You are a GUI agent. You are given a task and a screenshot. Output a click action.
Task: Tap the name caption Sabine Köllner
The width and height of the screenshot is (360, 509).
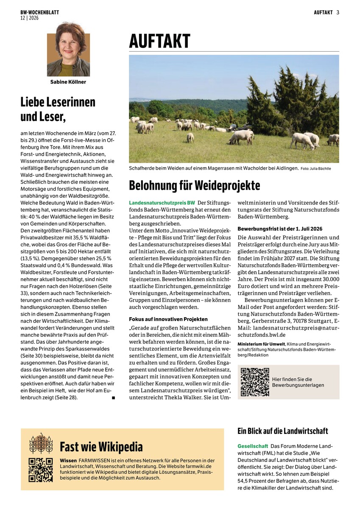tap(68, 82)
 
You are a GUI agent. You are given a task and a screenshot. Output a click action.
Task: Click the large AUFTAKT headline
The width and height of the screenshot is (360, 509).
tap(160, 42)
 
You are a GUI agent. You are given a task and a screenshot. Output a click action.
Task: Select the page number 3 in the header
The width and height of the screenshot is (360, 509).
tap(338, 12)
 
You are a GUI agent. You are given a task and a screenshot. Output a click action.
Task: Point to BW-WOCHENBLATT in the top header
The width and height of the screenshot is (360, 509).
tap(39, 13)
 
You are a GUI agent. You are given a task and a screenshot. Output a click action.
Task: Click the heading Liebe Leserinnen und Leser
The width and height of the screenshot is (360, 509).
tap(58, 108)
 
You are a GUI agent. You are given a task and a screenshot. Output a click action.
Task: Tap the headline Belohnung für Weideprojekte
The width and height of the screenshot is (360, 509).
tap(194, 185)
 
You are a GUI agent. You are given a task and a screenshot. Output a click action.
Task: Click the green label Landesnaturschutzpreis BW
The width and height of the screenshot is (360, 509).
tap(162, 203)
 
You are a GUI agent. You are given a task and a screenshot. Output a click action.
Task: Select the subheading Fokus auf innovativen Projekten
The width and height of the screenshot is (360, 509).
tap(168, 319)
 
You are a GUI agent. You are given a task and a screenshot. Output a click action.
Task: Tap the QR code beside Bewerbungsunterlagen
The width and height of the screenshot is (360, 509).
tap(255, 382)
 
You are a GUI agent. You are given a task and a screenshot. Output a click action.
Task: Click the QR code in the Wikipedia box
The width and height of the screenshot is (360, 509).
tap(40, 470)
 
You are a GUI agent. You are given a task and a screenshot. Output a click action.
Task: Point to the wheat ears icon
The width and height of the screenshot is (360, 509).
tap(41, 443)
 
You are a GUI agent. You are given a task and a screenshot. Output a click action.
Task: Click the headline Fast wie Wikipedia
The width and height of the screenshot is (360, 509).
tap(101, 447)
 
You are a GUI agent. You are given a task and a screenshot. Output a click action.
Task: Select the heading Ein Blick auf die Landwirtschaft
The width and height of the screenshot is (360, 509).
tap(282, 431)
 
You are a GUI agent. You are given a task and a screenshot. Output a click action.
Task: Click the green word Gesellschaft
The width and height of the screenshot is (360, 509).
tap(253, 446)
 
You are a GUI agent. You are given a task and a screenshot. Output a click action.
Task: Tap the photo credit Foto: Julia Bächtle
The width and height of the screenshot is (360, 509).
tap(316, 169)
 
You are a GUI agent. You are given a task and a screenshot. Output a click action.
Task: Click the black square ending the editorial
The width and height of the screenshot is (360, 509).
tap(114, 397)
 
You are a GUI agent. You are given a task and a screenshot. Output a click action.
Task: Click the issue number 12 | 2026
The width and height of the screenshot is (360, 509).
tap(29, 18)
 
